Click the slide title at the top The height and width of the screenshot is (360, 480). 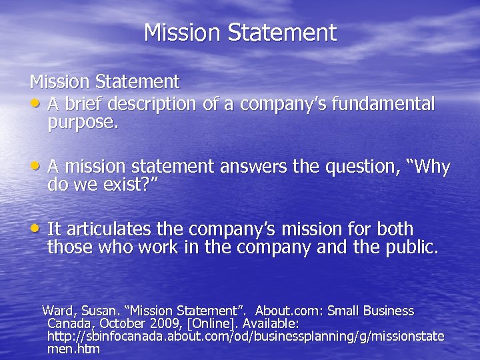pos(240,32)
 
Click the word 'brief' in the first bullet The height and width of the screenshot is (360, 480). pos(87,104)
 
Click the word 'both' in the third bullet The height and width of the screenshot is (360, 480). pos(395,229)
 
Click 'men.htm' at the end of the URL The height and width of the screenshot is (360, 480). pos(73,349)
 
